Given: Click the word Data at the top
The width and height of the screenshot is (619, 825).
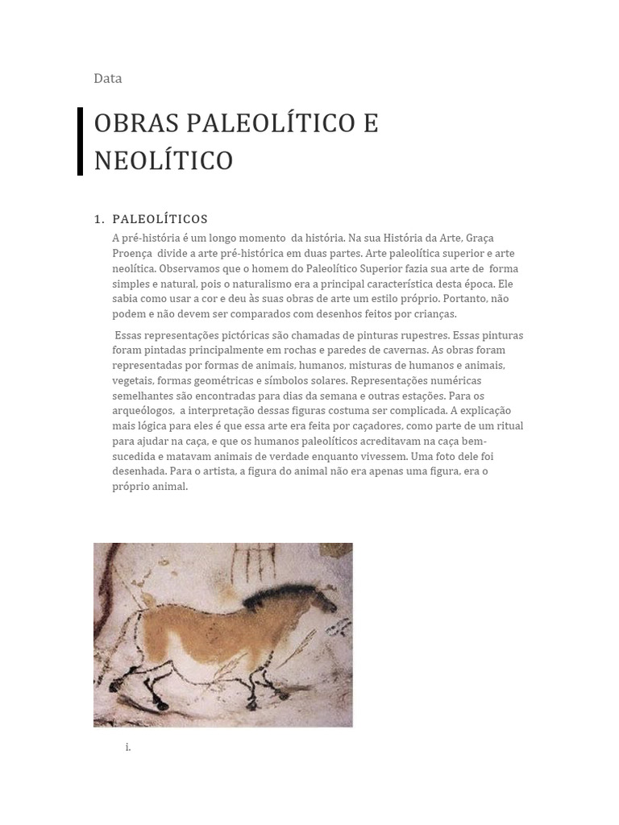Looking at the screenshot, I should [108, 78].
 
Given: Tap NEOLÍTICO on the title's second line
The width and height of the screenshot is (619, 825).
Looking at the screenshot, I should [163, 160].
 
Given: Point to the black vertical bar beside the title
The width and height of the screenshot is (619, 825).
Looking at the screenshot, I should [81, 141].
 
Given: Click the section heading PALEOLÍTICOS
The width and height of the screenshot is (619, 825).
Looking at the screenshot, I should [160, 219].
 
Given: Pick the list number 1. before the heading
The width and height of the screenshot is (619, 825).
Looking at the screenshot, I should [99, 219].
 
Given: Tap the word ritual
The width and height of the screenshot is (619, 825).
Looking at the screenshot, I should [508, 426].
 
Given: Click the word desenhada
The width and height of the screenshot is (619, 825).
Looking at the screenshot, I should [139, 472].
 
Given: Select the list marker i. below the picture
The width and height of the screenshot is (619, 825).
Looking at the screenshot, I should [128, 748].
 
